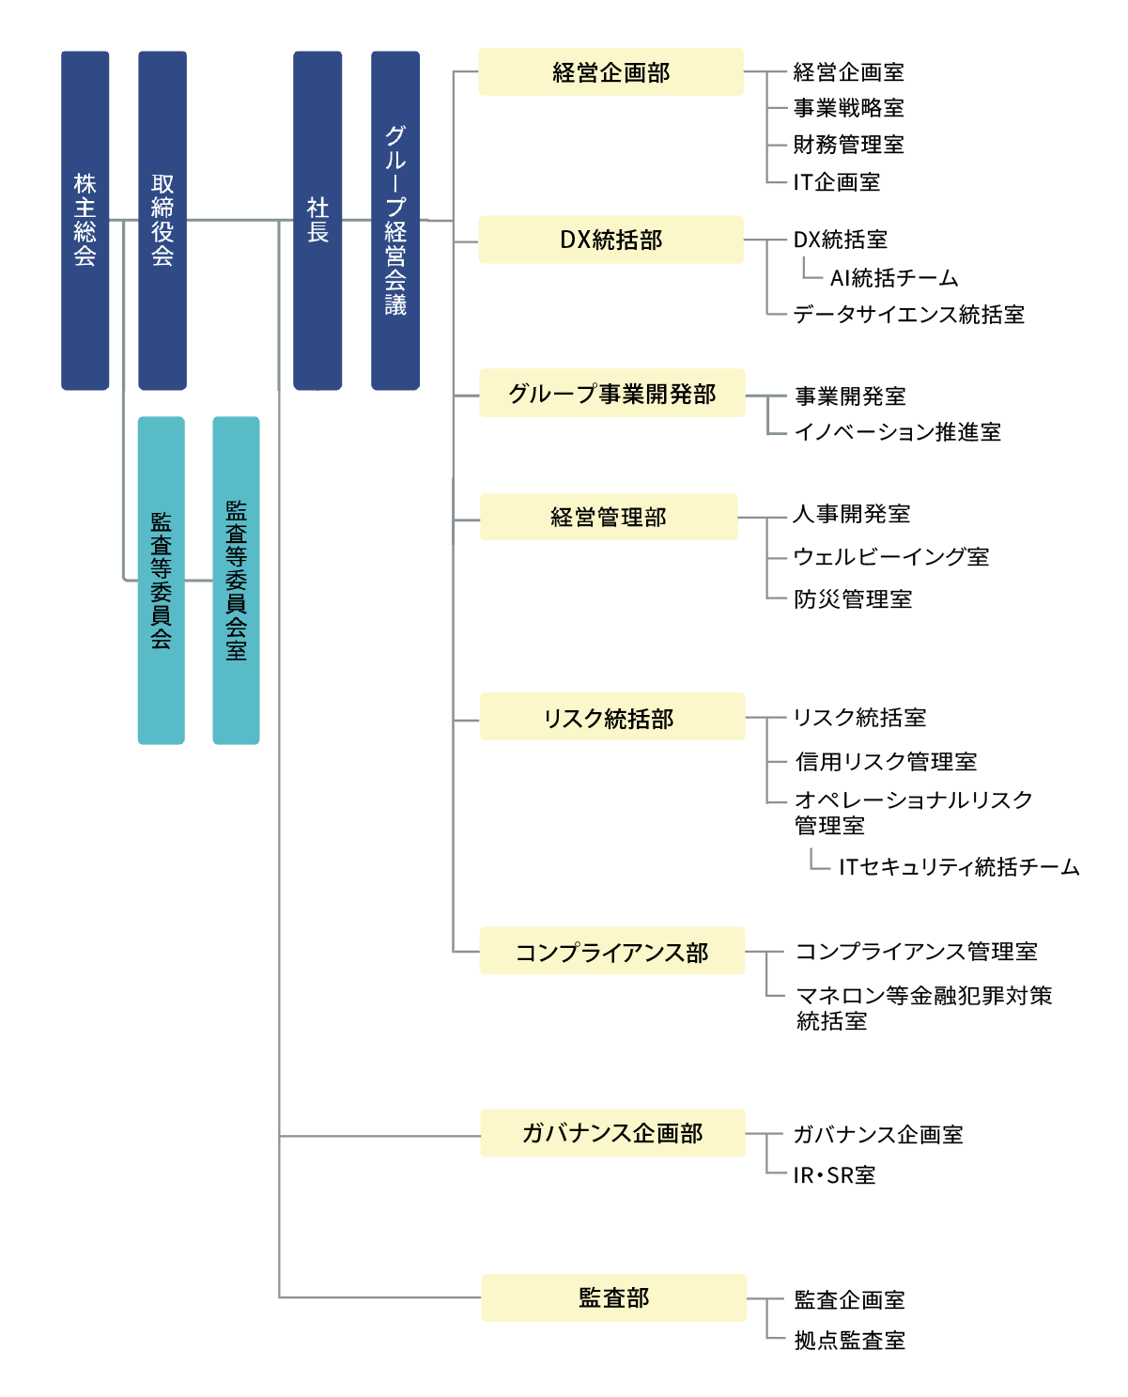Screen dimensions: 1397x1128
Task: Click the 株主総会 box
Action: coord(85,220)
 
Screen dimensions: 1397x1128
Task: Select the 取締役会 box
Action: coord(162,220)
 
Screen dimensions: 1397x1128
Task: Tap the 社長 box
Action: coord(317,220)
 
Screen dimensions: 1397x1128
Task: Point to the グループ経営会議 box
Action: coord(395,220)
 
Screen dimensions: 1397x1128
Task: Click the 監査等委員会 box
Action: coord(161,581)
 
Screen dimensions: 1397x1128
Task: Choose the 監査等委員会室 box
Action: coord(236,581)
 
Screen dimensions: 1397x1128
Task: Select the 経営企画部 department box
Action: coord(610,71)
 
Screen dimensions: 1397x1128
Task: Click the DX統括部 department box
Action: coord(610,240)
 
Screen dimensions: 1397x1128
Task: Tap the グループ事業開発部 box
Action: coord(611,393)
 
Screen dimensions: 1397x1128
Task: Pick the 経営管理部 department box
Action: coord(609,517)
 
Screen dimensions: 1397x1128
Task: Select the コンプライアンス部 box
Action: coord(611,951)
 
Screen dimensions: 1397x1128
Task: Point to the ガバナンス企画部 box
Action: coord(612,1133)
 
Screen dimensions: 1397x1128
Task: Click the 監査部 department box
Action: coord(613,1297)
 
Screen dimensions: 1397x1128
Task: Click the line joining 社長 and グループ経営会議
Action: coord(356,220)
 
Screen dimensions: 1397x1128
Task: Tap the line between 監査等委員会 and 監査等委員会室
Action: coord(198,581)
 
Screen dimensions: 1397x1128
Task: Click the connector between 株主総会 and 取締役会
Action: coord(124,221)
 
